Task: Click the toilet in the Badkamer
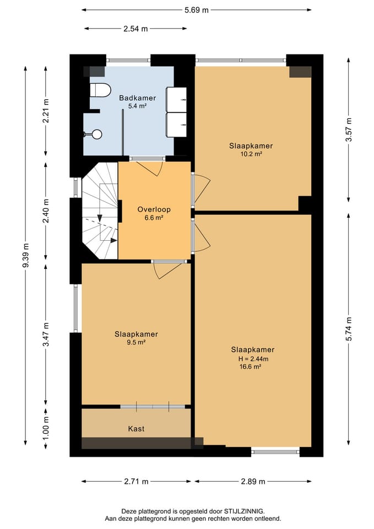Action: [100, 90]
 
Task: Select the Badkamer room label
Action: [138, 98]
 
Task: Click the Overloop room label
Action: [154, 209]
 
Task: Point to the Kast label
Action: [136, 429]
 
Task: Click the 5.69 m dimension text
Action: [197, 10]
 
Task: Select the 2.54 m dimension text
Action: [135, 29]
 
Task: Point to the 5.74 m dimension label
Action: [349, 328]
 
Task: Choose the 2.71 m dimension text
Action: [136, 482]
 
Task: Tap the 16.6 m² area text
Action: [250, 367]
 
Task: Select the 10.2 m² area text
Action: [251, 154]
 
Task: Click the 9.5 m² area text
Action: [136, 342]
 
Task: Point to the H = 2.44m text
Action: [253, 359]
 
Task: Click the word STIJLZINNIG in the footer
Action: [245, 511]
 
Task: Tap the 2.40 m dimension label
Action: [46, 211]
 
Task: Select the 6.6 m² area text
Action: [154, 218]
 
